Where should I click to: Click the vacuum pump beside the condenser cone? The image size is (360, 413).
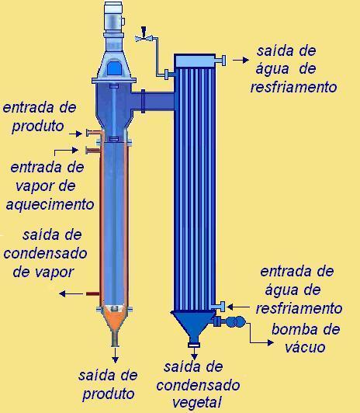(x=235, y=321)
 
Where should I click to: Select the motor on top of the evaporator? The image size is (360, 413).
(x=113, y=17)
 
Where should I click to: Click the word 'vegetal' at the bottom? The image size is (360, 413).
(x=197, y=403)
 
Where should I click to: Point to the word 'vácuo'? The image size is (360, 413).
(x=305, y=347)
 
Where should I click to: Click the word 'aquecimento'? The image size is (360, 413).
(x=50, y=205)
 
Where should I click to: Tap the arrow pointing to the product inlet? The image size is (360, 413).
(x=76, y=134)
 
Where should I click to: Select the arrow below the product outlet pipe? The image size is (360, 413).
(x=115, y=355)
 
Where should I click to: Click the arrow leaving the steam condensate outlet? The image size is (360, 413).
(x=71, y=293)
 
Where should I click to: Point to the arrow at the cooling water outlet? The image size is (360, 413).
(x=241, y=61)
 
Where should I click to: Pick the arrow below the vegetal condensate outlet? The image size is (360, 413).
(x=194, y=353)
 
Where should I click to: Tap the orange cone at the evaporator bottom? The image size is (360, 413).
(x=115, y=320)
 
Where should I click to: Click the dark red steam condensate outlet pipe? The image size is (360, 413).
(x=92, y=293)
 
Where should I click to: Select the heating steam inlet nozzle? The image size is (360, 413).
(x=92, y=151)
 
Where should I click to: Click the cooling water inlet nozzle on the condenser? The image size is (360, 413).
(x=219, y=307)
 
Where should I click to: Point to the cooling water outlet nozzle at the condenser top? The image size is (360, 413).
(x=220, y=60)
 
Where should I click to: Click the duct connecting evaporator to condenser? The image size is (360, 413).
(x=153, y=101)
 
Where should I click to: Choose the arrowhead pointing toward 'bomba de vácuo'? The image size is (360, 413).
(x=271, y=342)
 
